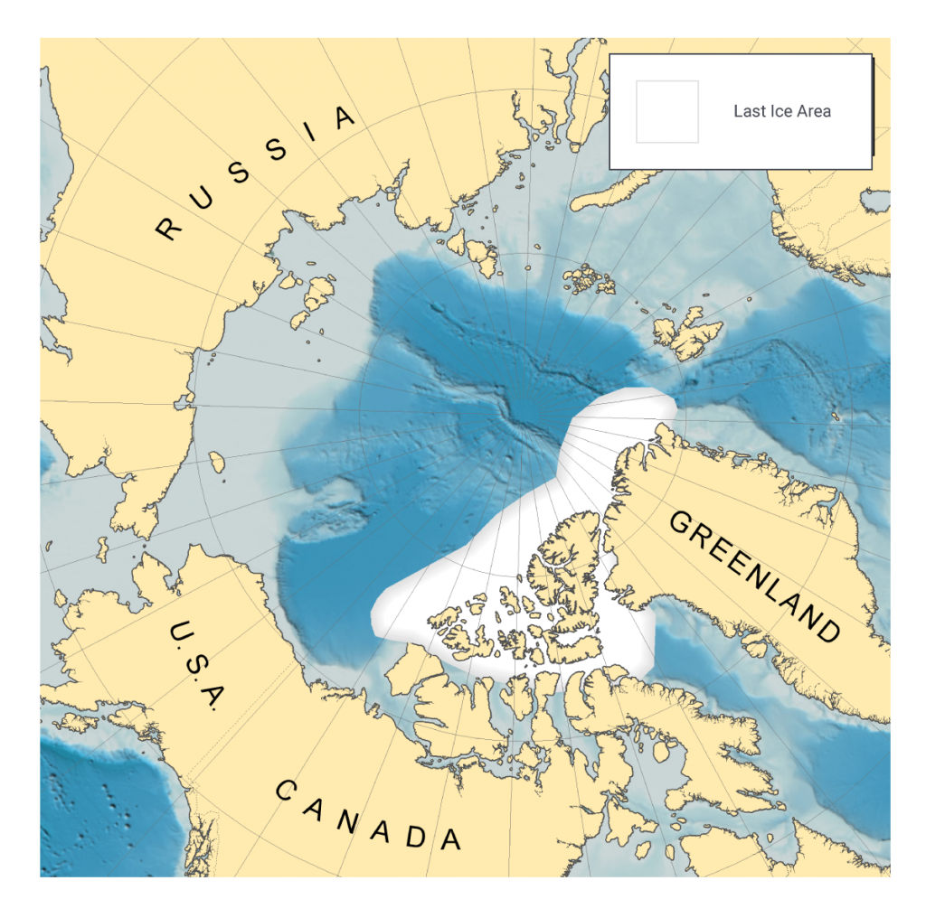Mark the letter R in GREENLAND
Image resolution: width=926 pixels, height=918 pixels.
pos(703,539)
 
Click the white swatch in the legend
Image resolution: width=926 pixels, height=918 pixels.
pos(667,111)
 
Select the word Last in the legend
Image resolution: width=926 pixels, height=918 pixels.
pos(749,111)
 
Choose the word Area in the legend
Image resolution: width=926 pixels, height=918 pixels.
pos(814,111)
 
